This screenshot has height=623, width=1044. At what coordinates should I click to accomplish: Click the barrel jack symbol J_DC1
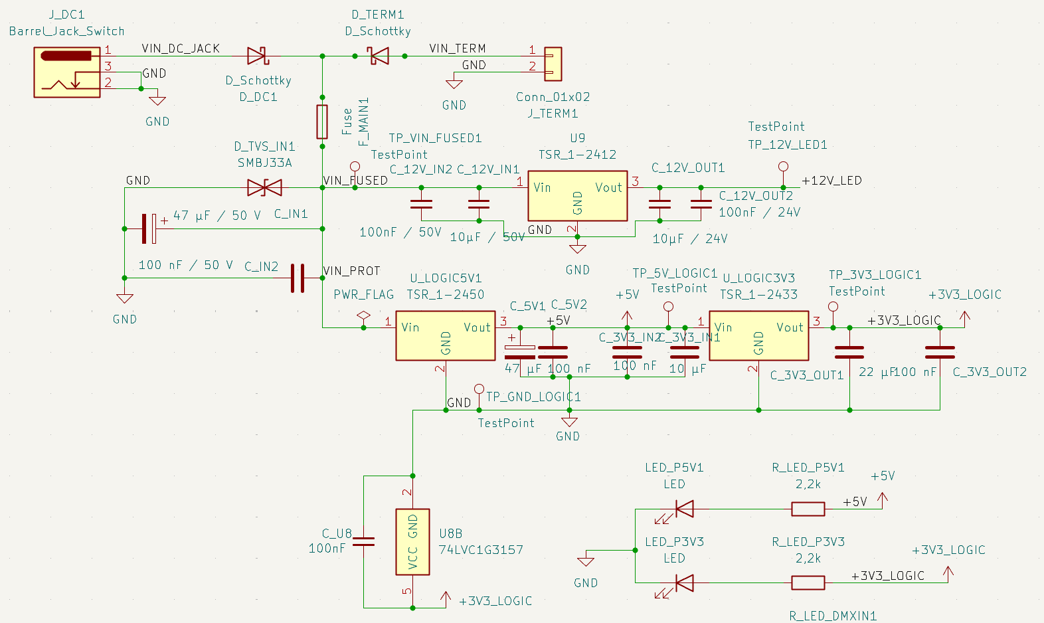coord(67,72)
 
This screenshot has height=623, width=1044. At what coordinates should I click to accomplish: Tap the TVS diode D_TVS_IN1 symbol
coord(264,188)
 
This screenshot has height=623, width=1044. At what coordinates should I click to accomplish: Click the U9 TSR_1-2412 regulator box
coord(577,196)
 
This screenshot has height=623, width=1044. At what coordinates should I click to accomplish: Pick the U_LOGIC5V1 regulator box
coord(445,335)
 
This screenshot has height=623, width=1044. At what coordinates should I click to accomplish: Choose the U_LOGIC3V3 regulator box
coord(758,335)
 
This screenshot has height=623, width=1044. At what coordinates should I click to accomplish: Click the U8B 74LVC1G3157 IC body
coord(412,541)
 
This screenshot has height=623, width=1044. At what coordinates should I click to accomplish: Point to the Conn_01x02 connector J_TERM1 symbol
coord(553,64)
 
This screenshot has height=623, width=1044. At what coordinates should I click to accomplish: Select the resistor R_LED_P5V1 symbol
coord(808,509)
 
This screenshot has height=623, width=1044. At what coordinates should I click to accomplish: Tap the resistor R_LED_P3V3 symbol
coord(808,583)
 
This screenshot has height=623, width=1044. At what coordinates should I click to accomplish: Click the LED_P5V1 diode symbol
coord(683,509)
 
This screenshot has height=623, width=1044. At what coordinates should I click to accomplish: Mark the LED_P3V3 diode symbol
coord(683,583)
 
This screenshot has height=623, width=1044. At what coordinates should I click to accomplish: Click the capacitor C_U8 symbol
coord(364,541)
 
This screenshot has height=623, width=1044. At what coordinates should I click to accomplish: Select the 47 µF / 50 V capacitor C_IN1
coord(149,228)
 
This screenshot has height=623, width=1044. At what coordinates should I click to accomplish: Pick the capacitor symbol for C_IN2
coord(298,278)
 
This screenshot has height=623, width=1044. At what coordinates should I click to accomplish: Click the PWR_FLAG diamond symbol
coord(363,315)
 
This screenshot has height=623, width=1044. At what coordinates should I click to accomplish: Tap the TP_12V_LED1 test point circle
coord(784,167)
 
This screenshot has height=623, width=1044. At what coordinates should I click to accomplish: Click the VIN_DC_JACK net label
coord(181,48)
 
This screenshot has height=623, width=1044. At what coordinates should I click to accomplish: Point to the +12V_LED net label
coord(831,181)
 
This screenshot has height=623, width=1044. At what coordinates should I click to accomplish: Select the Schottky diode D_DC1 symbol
coord(257,56)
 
